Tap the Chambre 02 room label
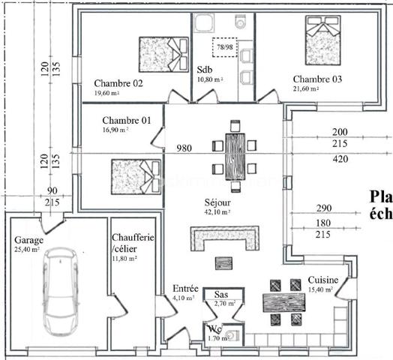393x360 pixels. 118,82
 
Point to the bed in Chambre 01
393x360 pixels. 136,178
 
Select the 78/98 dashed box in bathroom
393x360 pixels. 224,46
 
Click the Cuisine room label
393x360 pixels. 322,280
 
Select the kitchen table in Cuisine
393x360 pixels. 286,302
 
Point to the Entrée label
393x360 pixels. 185,288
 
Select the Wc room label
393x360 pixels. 214,328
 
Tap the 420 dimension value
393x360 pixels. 340,158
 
